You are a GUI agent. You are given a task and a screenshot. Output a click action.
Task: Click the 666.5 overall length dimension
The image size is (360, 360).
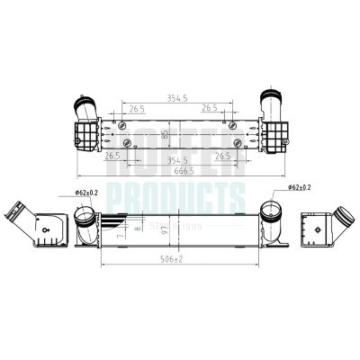click(180, 171)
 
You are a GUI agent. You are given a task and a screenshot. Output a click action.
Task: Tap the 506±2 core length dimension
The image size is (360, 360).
click(180, 257)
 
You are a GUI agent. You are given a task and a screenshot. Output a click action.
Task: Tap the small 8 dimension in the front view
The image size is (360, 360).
click(137, 228)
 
